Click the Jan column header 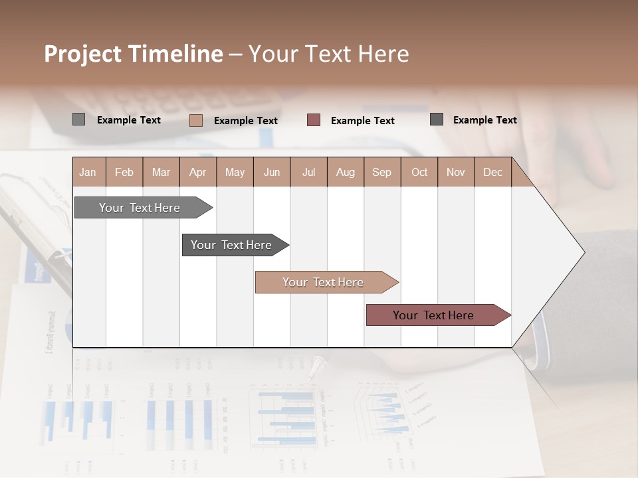click(88, 172)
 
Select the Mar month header click(161, 172)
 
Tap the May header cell click(235, 172)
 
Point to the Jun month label click(272, 172)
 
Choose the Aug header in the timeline click(345, 172)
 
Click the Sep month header click(381, 172)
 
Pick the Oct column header click(419, 172)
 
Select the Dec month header click(492, 172)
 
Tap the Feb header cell click(124, 172)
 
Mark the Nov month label click(455, 172)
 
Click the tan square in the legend click(196, 120)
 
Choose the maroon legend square click(314, 120)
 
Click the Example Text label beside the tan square click(245, 121)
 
